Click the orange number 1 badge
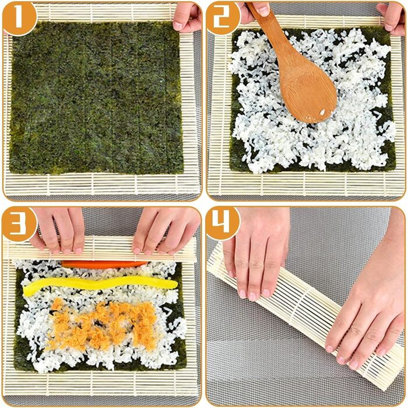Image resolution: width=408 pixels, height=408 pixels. point(19,18)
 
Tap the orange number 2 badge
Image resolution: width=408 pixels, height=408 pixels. point(223,18)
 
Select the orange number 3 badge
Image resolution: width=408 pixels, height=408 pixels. point(19,224)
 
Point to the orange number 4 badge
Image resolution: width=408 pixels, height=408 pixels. point(223,223)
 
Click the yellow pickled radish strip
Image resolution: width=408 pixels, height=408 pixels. point(100,286)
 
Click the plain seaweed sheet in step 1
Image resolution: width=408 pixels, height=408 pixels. point(96,97)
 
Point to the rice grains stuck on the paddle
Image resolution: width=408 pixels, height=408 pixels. point(322,112)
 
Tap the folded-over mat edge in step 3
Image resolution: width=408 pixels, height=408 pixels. point(100,248)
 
